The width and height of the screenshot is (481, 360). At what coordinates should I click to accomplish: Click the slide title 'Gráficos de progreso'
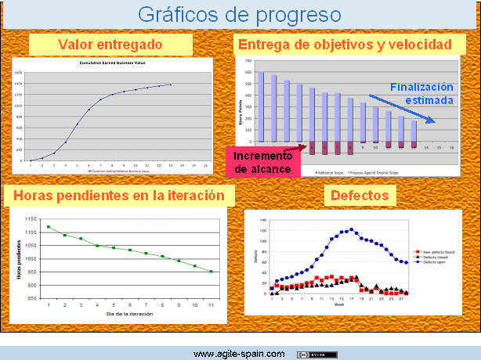click(240, 14)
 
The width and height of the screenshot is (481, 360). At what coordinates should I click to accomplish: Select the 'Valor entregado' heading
click(110, 45)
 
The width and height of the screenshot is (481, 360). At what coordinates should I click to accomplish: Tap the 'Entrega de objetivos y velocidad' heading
click(345, 45)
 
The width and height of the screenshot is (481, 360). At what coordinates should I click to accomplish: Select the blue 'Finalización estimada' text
click(421, 94)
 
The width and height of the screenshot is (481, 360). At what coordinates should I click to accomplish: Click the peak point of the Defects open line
click(351, 229)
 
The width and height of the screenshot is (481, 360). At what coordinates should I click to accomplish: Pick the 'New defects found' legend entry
click(436, 252)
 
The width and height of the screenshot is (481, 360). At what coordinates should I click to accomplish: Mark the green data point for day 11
click(211, 272)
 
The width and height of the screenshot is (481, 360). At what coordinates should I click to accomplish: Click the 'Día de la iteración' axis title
click(131, 313)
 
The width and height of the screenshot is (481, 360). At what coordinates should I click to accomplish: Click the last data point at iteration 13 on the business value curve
click(170, 85)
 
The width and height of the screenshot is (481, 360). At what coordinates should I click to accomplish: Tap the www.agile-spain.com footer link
click(239, 354)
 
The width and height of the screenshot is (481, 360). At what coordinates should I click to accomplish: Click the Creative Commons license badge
click(317, 354)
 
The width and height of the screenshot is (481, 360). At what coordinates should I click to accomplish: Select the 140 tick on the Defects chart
click(263, 219)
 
